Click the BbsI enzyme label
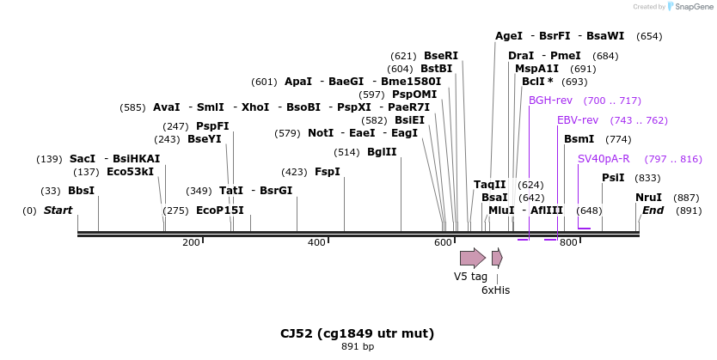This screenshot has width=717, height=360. click(81, 191)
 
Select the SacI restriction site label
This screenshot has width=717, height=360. click(83, 159)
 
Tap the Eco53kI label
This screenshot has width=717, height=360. click(130, 171)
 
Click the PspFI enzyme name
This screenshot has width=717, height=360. click(212, 126)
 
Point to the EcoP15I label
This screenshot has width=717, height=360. click(220, 211)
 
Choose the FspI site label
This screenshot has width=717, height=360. click(328, 172)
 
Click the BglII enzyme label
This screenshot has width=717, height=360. click(382, 152)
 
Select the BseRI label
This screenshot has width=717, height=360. click(441, 56)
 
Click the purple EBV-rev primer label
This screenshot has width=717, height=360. click(578, 120)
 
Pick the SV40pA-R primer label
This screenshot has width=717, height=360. click(604, 159)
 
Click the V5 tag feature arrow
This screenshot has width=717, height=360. click(472, 257)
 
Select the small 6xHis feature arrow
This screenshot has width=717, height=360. click(497, 257)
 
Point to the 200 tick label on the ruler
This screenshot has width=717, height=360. click(191, 243)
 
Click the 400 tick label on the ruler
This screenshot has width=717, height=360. click(316, 243)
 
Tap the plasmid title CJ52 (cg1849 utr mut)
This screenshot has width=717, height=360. click(357, 333)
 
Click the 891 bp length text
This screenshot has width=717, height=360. click(357, 347)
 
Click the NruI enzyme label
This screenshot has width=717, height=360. click(648, 198)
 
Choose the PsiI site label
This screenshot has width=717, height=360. click(613, 178)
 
